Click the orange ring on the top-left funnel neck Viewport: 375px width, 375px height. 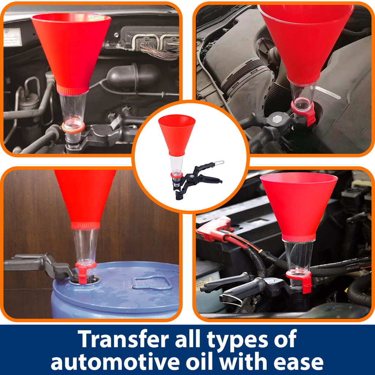(x=73, y=127)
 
